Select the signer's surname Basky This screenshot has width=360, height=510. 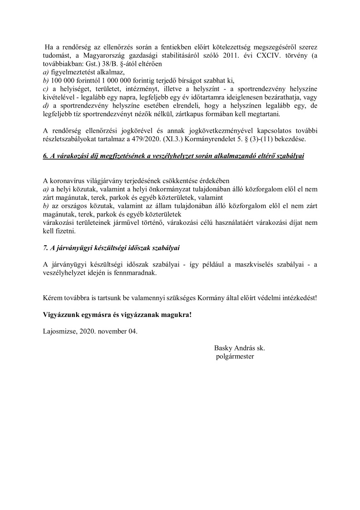click(224, 348)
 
